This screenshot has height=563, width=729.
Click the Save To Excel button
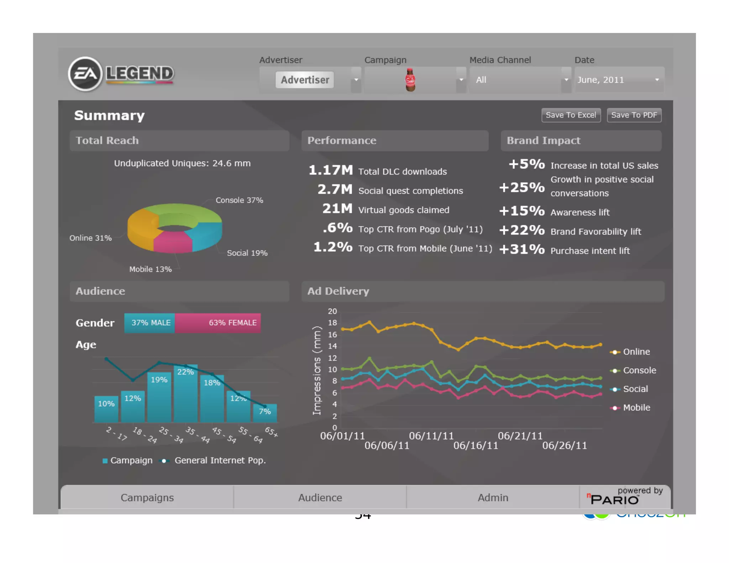571,115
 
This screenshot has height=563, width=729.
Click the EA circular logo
85,74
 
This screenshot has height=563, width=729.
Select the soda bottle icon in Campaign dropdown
410,80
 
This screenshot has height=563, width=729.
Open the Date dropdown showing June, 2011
619,80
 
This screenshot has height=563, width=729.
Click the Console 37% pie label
239,200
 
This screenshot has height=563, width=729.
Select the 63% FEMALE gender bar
218,323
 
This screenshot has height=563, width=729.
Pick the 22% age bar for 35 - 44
185,393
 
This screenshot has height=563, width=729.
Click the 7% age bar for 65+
265,413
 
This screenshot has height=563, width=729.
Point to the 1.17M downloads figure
330,170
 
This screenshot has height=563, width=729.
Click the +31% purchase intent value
522,249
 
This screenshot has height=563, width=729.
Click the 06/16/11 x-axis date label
476,446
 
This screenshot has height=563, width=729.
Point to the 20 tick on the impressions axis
332,311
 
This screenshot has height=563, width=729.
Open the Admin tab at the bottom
493,498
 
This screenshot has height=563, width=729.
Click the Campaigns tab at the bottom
147,498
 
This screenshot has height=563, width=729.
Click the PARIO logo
614,499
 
